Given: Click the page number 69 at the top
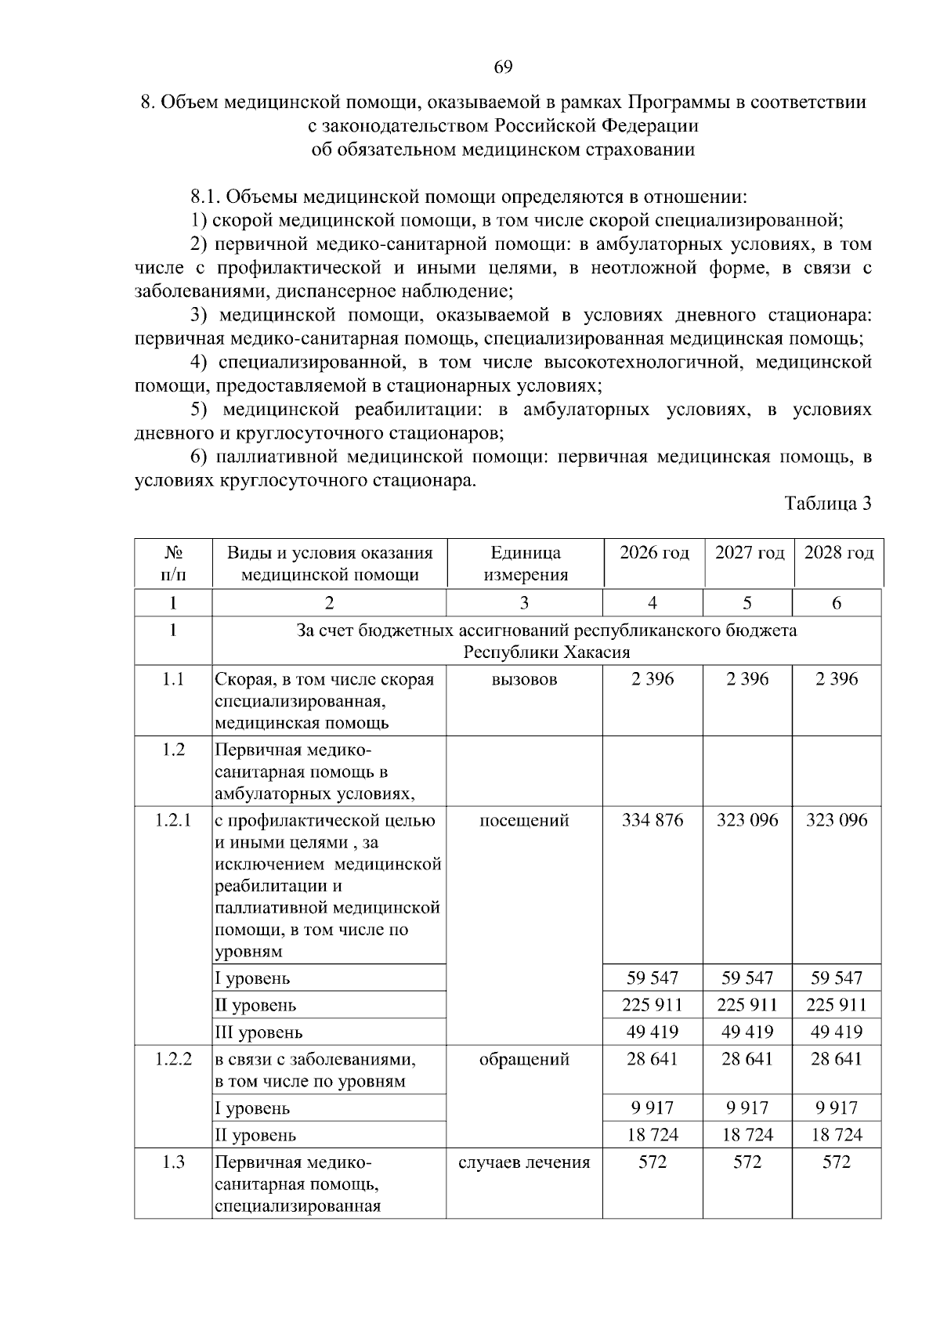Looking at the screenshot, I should pos(503,67).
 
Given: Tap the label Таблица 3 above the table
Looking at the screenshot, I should pos(828,504).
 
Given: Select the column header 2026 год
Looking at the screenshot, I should pos(654,553).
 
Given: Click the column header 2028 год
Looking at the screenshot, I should pos(838,553).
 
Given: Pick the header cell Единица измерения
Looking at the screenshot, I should pos(525,564).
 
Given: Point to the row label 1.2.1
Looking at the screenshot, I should pos(172,821).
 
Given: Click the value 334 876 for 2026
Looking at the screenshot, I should pos(653,821).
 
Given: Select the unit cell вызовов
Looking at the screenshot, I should pos(525,680).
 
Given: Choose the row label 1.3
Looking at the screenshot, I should pos(172,1162).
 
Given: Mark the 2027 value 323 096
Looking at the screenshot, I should pos(747,821).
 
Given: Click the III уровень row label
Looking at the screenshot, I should pos(258,1032).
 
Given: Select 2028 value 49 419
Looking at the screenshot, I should pos(837,1032).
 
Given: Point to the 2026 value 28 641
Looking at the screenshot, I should pos(653,1060).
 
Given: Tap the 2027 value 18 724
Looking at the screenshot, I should pos(747,1135).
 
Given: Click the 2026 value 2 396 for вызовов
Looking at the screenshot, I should pos(653,680).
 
